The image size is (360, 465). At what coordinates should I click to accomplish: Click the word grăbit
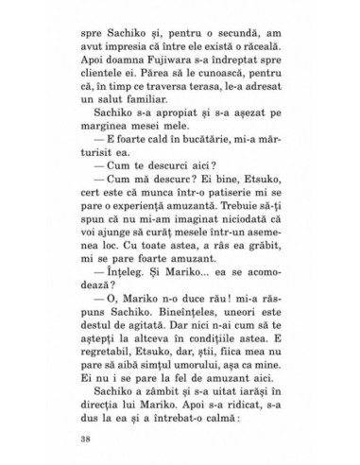(x=266, y=250)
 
